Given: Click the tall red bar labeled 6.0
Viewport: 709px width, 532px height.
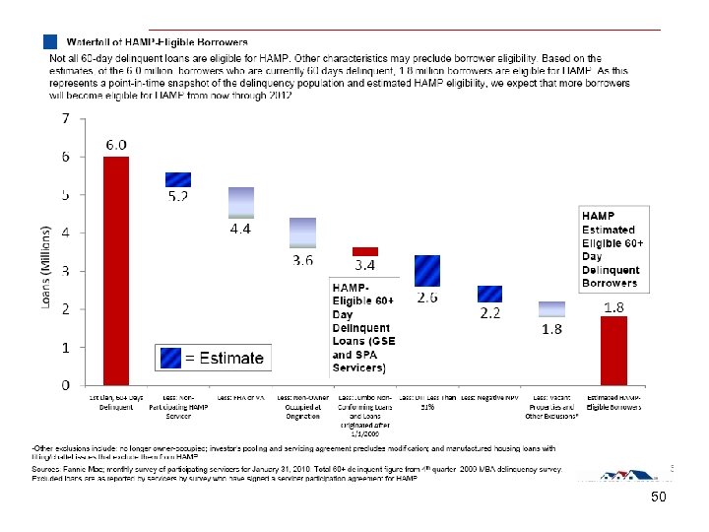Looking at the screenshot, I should tap(116, 270).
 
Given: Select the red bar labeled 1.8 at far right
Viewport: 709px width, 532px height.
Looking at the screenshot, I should tap(613, 350).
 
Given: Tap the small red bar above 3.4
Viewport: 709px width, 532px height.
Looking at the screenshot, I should tap(365, 251).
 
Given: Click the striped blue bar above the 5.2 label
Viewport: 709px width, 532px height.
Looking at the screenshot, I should tap(178, 179).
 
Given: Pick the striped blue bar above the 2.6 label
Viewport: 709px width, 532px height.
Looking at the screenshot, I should tap(427, 270).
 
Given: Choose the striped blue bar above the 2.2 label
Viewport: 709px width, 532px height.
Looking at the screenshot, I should tap(489, 294).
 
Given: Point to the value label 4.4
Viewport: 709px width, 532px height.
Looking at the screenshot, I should tap(241, 229).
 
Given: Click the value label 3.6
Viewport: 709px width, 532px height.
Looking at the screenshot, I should tap(303, 260).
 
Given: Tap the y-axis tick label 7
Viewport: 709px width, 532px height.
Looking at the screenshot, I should tap(65, 119).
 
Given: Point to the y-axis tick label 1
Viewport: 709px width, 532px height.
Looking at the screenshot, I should tap(65, 348).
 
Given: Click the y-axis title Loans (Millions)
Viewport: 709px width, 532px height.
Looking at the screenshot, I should tap(45, 266).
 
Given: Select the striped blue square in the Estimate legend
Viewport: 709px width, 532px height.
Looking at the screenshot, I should tap(170, 358).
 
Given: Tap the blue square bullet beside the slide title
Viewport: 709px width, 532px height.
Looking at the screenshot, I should tap(50, 42).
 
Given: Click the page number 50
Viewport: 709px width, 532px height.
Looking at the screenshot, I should tap(658, 499).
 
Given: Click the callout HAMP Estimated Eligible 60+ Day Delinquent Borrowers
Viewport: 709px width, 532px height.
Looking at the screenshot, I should tap(613, 248).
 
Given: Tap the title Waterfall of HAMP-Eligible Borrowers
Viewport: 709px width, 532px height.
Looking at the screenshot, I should tap(158, 42).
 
